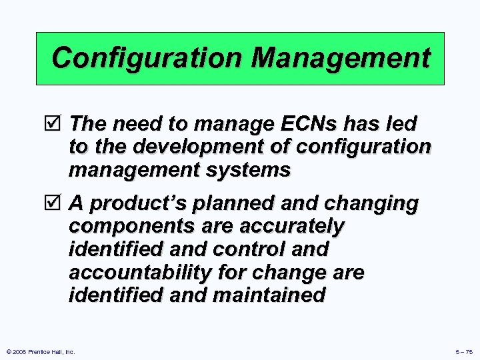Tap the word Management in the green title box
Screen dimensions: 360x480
pyautogui.click(x=341, y=58)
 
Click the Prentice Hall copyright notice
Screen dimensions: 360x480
pyautogui.click(x=41, y=351)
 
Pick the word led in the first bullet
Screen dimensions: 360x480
pyautogui.click(x=403, y=124)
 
